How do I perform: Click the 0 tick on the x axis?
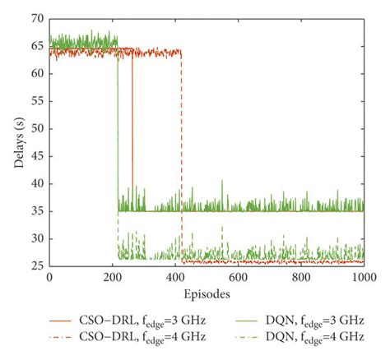[x=50, y=278]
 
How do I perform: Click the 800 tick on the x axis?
[x=300, y=278]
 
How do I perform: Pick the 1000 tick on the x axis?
[x=362, y=278]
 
